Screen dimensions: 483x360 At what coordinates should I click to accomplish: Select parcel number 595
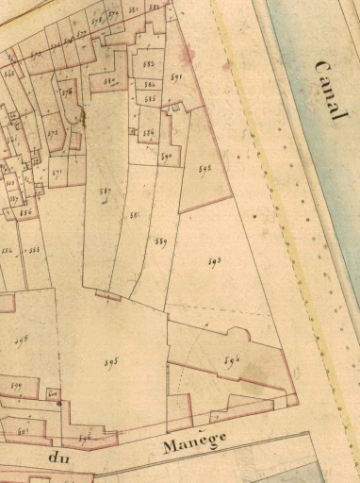tap(110, 361)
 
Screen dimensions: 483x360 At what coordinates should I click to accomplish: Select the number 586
tap(148, 134)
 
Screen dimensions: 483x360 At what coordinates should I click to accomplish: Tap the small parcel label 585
tap(150, 98)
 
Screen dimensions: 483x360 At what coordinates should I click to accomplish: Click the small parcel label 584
tap(149, 86)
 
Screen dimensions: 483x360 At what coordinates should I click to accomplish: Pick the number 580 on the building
tap(109, 81)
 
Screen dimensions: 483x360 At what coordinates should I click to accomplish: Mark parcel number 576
tap(67, 92)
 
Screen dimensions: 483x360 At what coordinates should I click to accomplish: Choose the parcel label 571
tap(57, 173)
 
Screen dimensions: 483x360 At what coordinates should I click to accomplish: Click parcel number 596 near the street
tap(85, 438)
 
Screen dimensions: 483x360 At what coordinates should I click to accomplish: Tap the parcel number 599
tap(16, 385)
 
